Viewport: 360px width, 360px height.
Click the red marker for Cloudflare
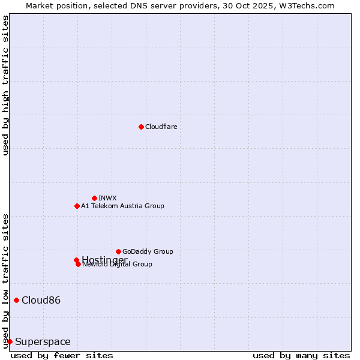point(141,127)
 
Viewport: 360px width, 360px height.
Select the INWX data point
point(94,198)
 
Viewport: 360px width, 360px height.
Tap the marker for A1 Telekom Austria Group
point(77,206)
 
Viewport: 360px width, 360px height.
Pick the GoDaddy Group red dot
point(118,251)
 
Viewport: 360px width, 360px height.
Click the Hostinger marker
point(76,260)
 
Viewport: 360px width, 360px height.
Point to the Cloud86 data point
point(16,300)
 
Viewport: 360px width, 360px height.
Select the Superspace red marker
point(10,341)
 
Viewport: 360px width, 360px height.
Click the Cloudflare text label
point(161,127)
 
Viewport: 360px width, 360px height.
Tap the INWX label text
point(107,198)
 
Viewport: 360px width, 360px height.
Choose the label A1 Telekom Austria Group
point(122,206)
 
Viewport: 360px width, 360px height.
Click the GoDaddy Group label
point(148,251)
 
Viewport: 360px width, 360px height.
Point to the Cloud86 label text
point(41,300)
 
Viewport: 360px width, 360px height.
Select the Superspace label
point(43,341)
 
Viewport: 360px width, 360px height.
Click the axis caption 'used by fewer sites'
point(53,355)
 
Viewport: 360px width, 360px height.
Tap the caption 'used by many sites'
point(301,355)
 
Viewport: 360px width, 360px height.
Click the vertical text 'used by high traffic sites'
point(5,85)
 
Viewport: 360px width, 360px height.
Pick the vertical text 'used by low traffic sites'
point(5,280)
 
